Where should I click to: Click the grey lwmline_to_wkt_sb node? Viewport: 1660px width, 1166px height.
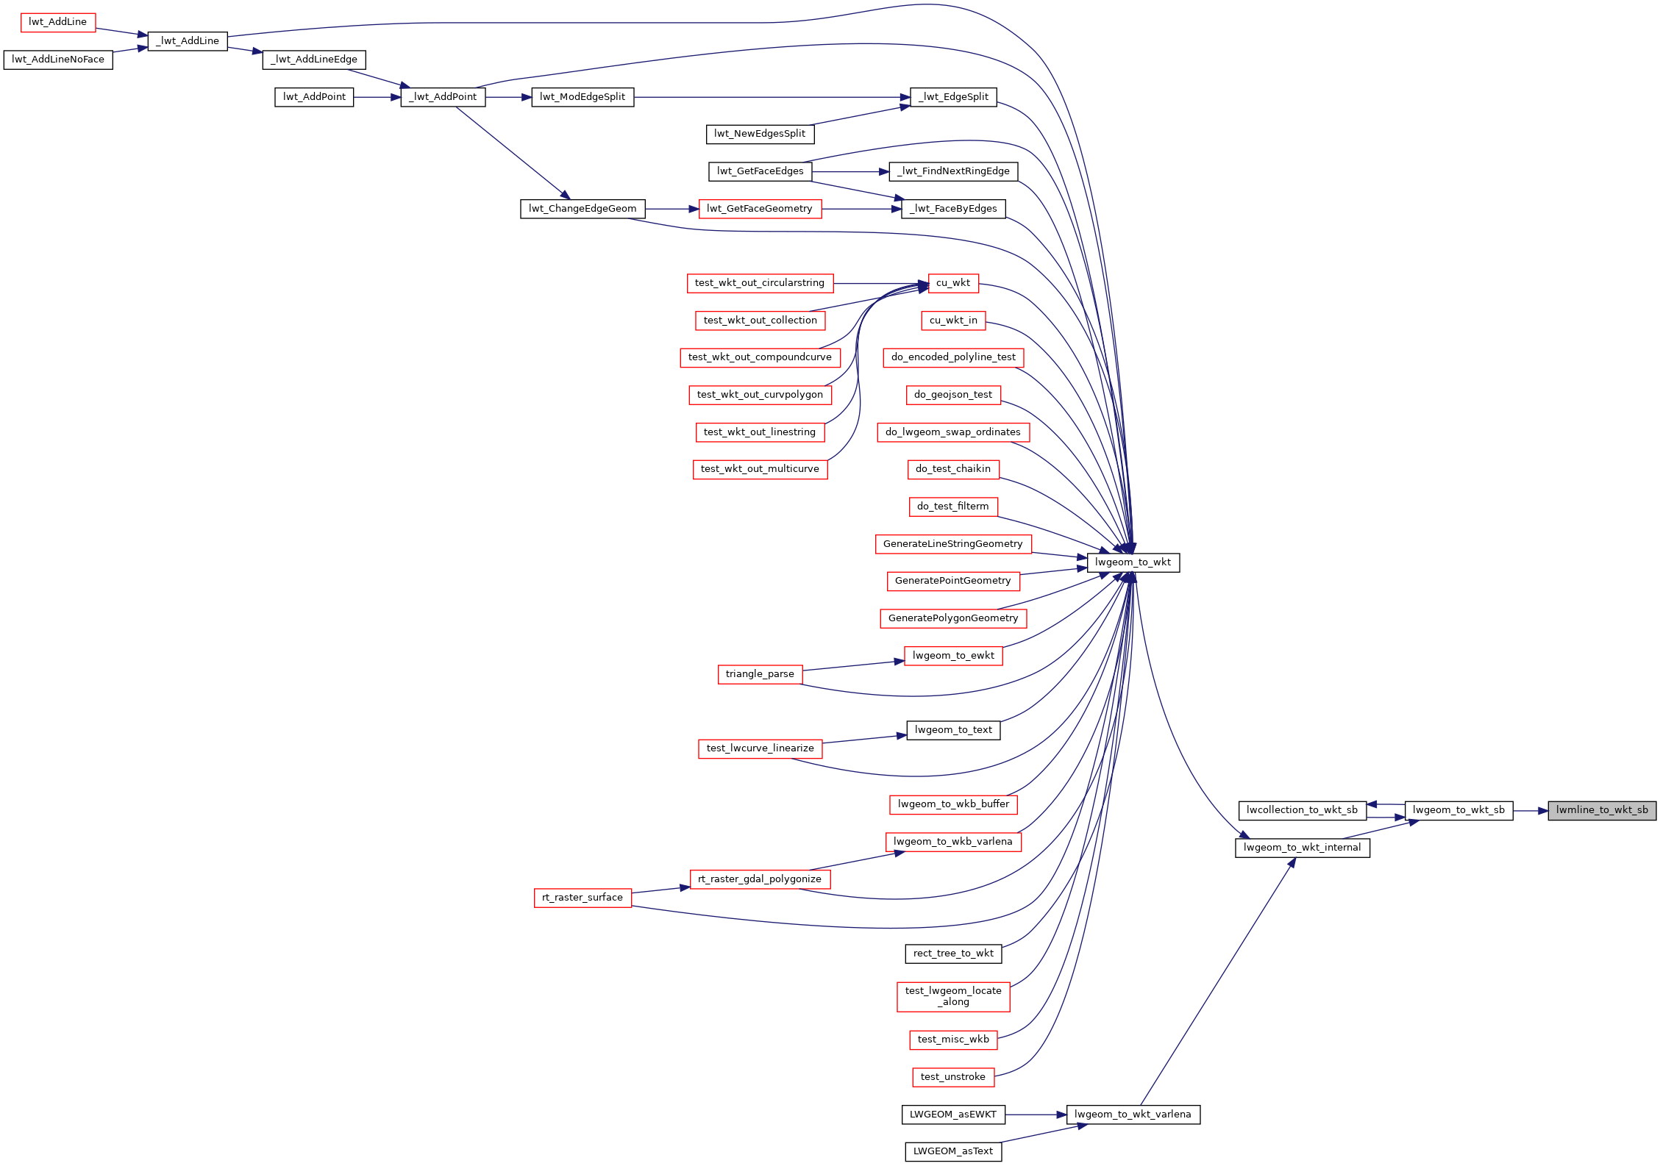[x=1602, y=810]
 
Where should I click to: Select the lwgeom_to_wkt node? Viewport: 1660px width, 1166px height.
[x=1133, y=562]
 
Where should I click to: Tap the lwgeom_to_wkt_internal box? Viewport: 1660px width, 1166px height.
[x=1302, y=848]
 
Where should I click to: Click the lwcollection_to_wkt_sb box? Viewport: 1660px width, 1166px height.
[x=1302, y=810]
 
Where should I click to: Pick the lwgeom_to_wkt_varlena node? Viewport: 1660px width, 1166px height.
[x=1133, y=1115]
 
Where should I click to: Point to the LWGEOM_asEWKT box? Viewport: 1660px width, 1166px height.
[x=953, y=1115]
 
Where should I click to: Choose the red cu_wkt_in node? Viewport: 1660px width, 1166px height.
[x=953, y=321]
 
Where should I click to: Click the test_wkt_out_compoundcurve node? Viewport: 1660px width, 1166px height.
[x=760, y=357]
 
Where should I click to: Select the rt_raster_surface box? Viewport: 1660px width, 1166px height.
[x=583, y=898]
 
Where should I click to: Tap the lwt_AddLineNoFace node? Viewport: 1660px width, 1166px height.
[x=58, y=60]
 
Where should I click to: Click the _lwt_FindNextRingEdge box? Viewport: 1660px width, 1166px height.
[x=953, y=171]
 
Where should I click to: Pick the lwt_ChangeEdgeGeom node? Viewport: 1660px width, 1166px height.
[x=583, y=209]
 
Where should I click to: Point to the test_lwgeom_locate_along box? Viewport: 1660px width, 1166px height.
[x=953, y=996]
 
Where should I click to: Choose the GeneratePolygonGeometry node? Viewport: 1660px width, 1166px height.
[x=953, y=618]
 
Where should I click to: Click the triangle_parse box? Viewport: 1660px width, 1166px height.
[x=760, y=674]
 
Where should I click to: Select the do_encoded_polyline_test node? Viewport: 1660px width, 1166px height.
[x=953, y=357]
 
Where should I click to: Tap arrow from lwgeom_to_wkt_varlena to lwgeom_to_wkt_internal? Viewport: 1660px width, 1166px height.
[x=1217, y=981]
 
